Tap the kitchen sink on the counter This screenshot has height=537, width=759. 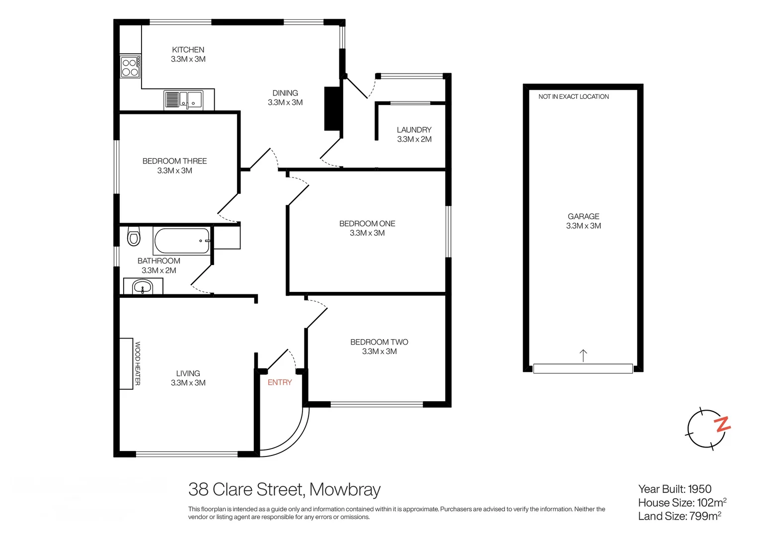[184, 99]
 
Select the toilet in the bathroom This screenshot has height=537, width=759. [134, 237]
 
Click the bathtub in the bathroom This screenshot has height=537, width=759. [182, 241]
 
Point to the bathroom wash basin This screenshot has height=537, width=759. [143, 287]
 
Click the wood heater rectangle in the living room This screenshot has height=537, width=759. [126, 363]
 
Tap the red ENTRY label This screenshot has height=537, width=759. [280, 382]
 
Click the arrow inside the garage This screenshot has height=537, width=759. [583, 355]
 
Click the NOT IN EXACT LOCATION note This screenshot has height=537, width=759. [573, 96]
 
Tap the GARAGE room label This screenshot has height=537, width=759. [583, 216]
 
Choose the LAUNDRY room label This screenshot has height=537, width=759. [414, 130]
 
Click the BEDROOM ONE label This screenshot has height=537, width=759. [367, 224]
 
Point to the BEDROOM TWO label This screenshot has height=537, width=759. [379, 342]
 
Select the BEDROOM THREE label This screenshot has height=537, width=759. [174, 161]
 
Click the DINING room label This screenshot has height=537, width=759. [285, 93]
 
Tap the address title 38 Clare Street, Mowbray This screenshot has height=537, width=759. [284, 490]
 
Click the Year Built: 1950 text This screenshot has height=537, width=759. [675, 489]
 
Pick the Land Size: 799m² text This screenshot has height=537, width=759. [679, 516]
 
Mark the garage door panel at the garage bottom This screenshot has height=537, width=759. [583, 368]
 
